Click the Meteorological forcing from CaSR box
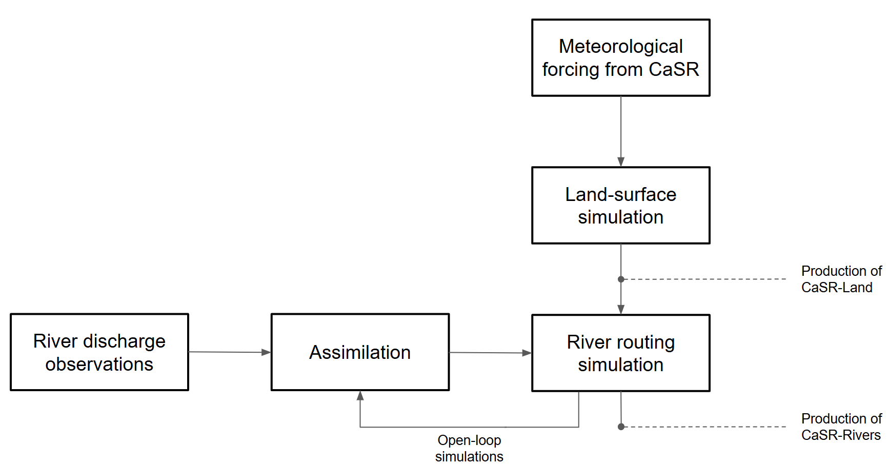[x=620, y=57]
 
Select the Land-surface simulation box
[x=620, y=205]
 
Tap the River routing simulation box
[x=620, y=353]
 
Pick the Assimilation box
[x=360, y=352]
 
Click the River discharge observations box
[x=99, y=352]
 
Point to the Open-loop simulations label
[x=469, y=448]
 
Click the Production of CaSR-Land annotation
[x=841, y=279]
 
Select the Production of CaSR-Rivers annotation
[x=841, y=427]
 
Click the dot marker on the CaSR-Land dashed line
[x=621, y=279]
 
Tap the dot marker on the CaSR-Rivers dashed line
[x=621, y=427]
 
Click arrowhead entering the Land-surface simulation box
[x=621, y=162]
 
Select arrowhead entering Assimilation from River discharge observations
[x=266, y=352]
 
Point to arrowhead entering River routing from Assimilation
[x=527, y=353]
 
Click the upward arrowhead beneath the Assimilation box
[x=360, y=396]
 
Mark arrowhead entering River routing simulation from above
[x=621, y=309]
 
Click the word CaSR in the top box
[x=674, y=69]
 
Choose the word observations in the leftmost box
[x=99, y=364]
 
